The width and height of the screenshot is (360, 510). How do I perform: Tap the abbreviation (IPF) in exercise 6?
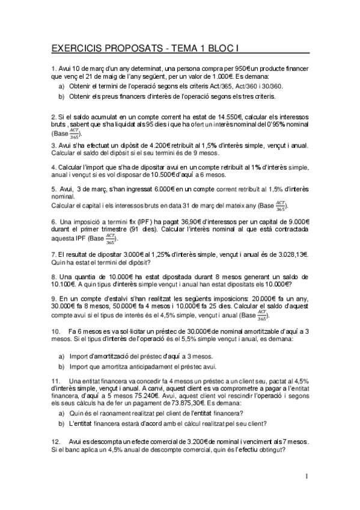pos(118,222)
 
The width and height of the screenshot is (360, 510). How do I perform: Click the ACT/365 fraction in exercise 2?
pos(74,132)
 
